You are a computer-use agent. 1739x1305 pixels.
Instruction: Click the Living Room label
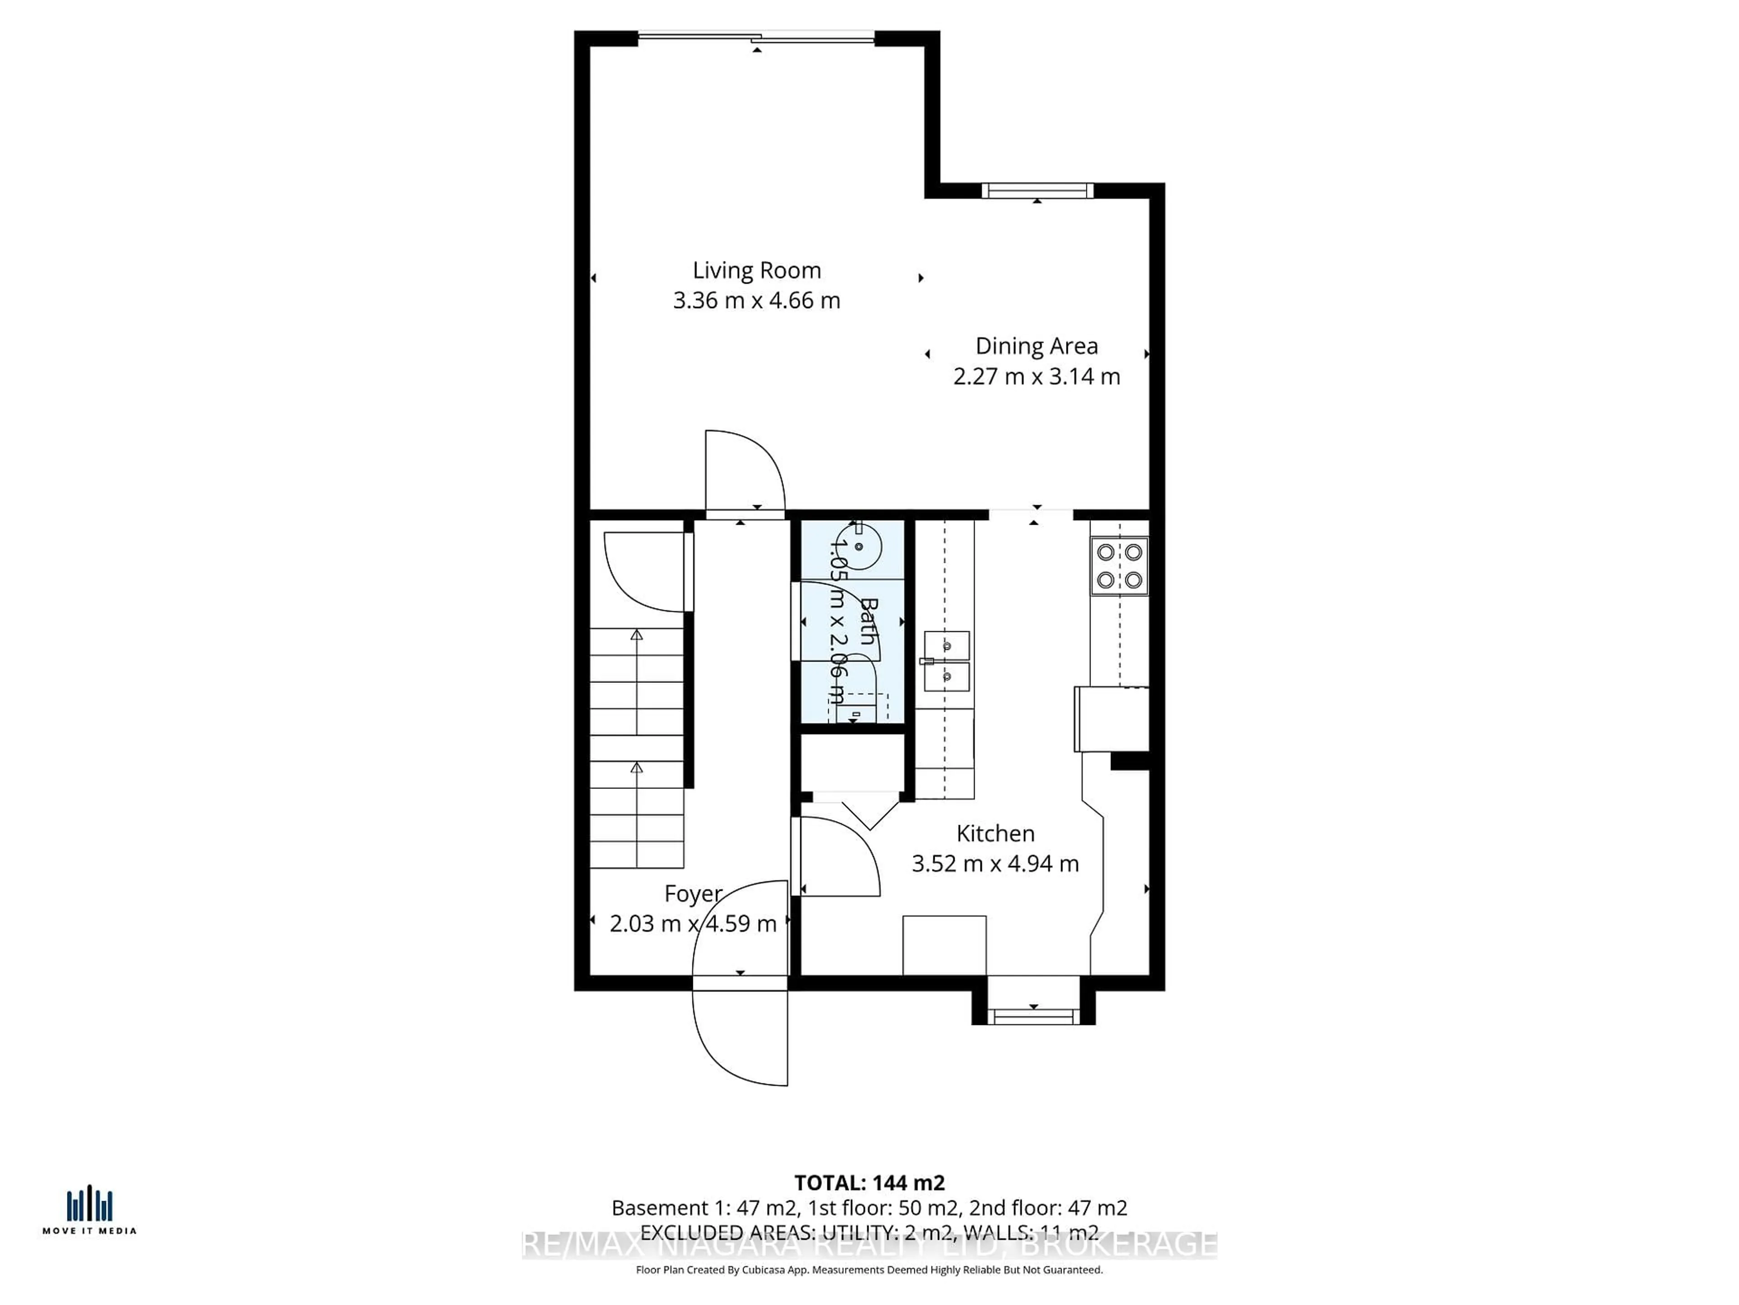pos(756,271)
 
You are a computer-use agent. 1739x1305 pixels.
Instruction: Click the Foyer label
pos(692,894)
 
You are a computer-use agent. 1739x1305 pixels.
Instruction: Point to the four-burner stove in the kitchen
pos(1119,565)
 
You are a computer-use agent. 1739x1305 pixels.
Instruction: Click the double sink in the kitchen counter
pos(946,661)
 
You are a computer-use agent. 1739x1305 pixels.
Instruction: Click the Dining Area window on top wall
pos(1037,190)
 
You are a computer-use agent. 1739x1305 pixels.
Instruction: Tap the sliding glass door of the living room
pos(756,37)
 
